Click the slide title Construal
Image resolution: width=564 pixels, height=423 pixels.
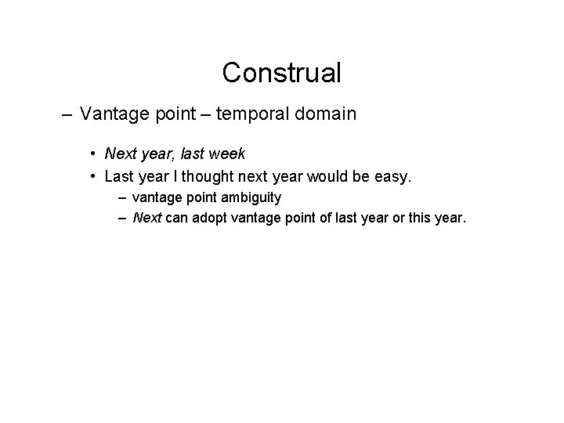point(281,73)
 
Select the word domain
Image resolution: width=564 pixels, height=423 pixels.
point(327,114)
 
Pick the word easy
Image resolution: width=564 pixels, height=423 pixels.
point(389,178)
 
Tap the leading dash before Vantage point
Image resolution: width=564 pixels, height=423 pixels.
point(68,114)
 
